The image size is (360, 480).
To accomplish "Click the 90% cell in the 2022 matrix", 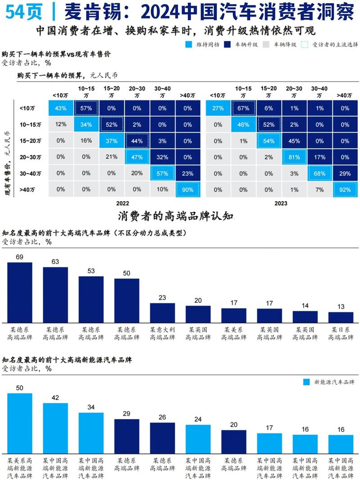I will point(188,190).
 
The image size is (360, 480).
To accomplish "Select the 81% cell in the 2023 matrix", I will point(294,157).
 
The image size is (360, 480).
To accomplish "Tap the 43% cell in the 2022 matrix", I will point(61,108).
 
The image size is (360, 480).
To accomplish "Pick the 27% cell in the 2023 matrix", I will point(218,108).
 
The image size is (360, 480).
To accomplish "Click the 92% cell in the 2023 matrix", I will point(345,190).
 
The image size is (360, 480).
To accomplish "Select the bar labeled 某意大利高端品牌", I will point(162,312).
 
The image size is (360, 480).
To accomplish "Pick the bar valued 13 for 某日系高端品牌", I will point(341,317).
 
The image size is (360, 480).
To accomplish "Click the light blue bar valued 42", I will point(55,427).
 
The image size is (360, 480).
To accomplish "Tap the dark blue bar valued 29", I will point(126,435).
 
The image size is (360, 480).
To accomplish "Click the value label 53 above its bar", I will point(91,271).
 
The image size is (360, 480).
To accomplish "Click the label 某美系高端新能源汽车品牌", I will point(20,468).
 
